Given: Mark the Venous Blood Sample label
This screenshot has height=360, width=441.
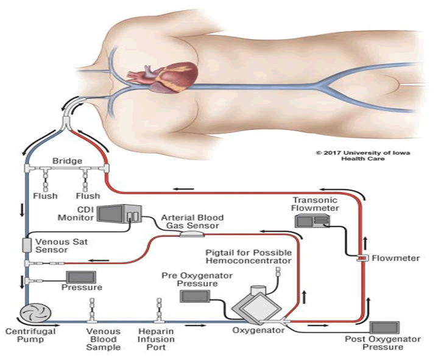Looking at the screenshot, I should (x=103, y=339).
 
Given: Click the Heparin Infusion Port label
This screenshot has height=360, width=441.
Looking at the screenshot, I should (x=155, y=339).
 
